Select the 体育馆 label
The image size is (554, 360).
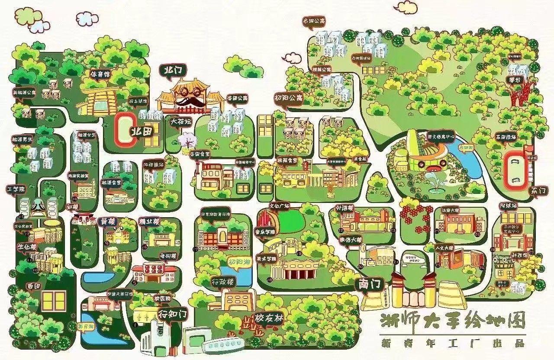[x=100, y=74]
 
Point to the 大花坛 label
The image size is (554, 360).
[x=180, y=122]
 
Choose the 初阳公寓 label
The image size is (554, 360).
[x=288, y=98]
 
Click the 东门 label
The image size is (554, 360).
[x=538, y=190]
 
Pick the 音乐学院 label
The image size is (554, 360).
[x=265, y=231]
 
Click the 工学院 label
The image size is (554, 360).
[x=16, y=189]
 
